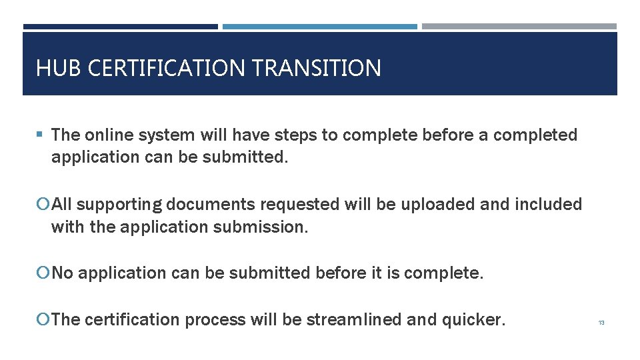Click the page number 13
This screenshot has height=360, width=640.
[x=601, y=323]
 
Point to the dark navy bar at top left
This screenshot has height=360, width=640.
[x=120, y=27]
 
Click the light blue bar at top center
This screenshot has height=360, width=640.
[x=319, y=27]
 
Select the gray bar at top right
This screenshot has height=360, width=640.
[x=519, y=27]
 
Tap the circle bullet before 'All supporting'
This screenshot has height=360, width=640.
[x=45, y=205]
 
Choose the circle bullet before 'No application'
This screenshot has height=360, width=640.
[x=45, y=273]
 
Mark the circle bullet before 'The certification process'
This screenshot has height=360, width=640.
[x=45, y=320]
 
